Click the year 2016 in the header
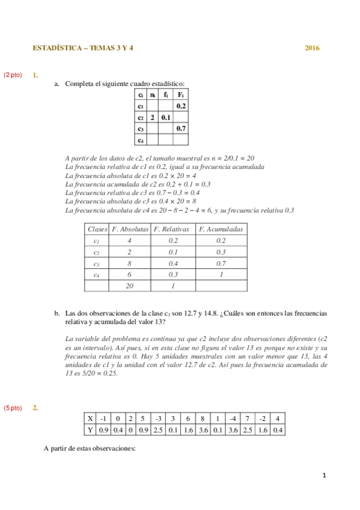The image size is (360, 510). pos(312,48)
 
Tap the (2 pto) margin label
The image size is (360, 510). pos(13,75)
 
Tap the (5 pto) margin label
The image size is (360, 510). pos(13,408)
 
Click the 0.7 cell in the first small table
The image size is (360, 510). pos(180,128)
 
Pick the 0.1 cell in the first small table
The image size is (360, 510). pos(166,117)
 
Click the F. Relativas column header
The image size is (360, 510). pos(171,229)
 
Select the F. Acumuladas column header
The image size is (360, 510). pos(221,229)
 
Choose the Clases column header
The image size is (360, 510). pos(97,229)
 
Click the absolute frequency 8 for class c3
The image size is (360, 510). pos(129,263)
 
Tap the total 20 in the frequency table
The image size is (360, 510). pos(129,286)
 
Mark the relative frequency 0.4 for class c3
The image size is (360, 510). pos(171,263)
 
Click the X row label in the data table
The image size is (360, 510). pos(90,418)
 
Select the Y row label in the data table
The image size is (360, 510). pos(90,429)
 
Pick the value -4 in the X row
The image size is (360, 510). pos(232,418)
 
